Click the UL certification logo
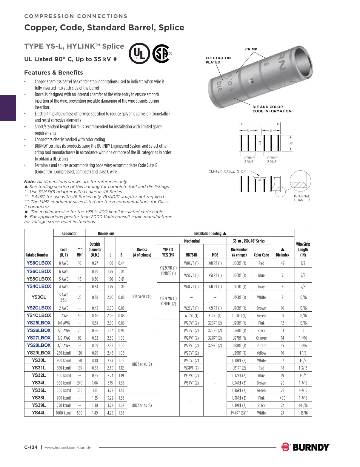139,54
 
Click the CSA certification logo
161,54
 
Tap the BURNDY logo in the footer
306,447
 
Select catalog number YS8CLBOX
39,263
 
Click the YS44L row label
39,413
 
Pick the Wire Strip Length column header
303,250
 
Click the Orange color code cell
261,338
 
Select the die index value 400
282,398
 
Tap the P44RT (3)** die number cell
239,413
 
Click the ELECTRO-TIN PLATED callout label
218,60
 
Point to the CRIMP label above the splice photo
251,49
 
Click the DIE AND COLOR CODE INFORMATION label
272,109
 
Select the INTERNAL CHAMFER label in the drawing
302,198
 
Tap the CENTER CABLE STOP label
227,171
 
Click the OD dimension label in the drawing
291,143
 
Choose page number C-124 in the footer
31,447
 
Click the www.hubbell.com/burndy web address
68,448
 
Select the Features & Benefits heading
53,72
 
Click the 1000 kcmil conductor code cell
64,413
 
